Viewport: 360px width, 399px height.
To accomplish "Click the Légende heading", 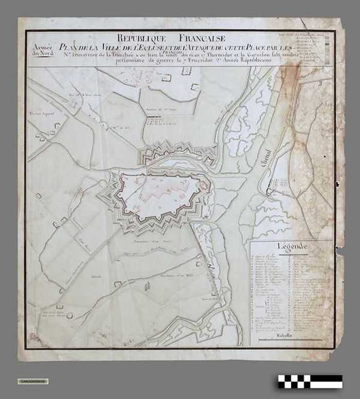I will [292, 246].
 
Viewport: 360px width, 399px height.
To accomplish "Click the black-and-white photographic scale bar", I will [310, 381].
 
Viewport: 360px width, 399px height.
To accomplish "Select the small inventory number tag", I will [33, 381].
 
